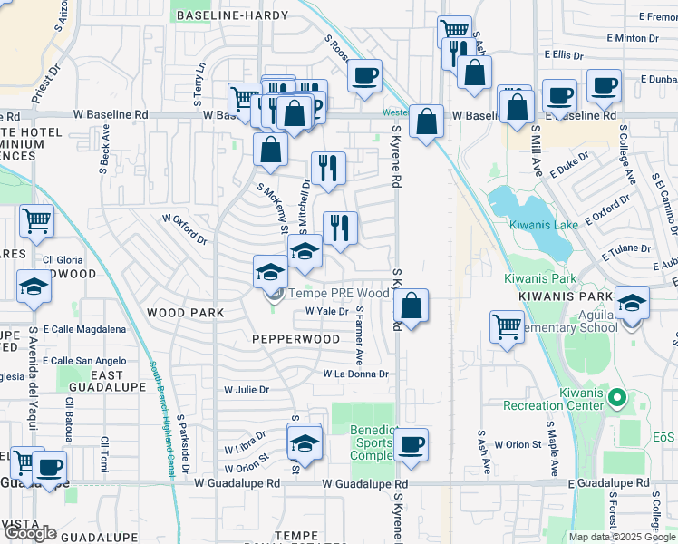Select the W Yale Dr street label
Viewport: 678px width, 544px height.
pos(326,311)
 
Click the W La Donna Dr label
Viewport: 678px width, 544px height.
pos(355,374)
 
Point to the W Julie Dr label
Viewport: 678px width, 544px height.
pos(247,390)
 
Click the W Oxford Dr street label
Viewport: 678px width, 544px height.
pos(184,228)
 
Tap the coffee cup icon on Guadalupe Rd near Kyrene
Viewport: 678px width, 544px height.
pos(411,445)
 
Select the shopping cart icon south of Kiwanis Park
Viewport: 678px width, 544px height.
pos(507,326)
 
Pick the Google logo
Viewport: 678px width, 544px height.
pos(29,533)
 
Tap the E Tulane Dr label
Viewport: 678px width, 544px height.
pos(625,248)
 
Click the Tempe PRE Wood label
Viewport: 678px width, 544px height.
pos(338,293)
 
